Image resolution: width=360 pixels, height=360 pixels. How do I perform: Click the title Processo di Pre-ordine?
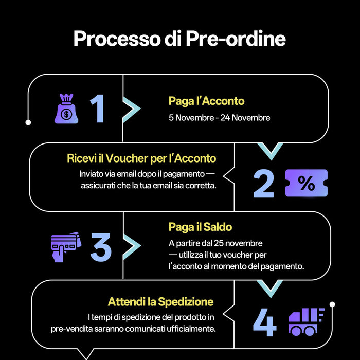[179, 39]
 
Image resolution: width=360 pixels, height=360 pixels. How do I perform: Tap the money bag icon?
[66, 109]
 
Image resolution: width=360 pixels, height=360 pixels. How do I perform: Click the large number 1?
[98, 109]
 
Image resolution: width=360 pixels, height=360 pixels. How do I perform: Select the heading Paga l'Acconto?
[206, 101]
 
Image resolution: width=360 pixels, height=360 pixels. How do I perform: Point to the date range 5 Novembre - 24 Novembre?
[219, 118]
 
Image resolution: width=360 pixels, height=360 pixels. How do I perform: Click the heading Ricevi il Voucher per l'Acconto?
[141, 158]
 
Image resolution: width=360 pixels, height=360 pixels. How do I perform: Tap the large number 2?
[264, 184]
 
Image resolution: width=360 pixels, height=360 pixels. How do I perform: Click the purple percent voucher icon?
[306, 183]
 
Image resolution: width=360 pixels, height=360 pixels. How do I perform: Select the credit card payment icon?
[66, 246]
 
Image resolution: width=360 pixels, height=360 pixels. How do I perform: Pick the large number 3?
[101, 246]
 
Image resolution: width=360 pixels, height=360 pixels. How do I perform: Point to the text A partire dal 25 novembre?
[215, 243]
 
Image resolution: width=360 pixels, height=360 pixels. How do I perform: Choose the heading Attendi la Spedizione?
[160, 301]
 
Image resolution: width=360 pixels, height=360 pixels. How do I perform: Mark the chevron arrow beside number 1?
[132, 109]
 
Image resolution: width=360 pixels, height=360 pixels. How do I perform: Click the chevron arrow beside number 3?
[132, 246]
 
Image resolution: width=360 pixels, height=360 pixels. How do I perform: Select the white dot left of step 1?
[28, 122]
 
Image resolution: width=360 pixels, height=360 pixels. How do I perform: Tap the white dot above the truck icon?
[332, 304]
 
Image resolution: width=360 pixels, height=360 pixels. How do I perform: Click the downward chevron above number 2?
[269, 150]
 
